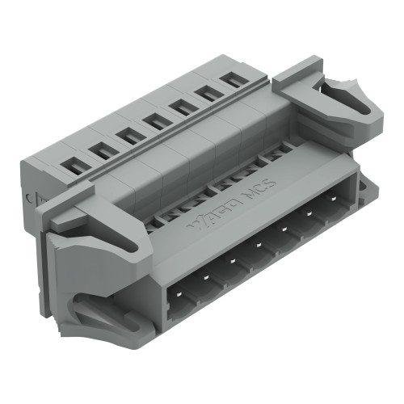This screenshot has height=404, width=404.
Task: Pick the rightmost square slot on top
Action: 234,79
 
